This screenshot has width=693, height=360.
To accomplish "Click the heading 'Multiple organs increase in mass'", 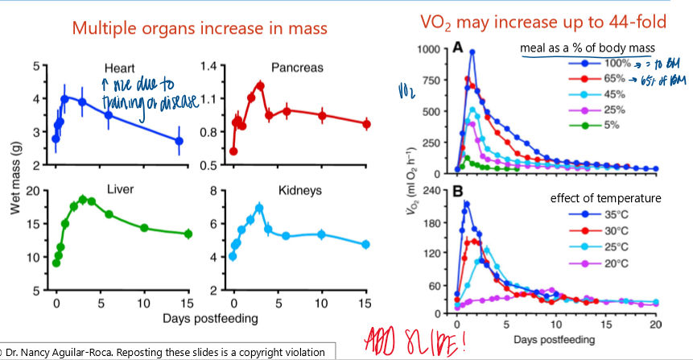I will tap(200, 28).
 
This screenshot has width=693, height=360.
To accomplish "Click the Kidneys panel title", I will tap(299, 191).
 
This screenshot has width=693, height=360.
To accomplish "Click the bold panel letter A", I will tap(457, 48).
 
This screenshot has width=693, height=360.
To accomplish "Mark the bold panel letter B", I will tap(457, 192).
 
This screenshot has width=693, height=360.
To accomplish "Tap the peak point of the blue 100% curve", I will tap(472, 52).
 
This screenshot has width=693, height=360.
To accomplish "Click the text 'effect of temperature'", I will tap(605, 198).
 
